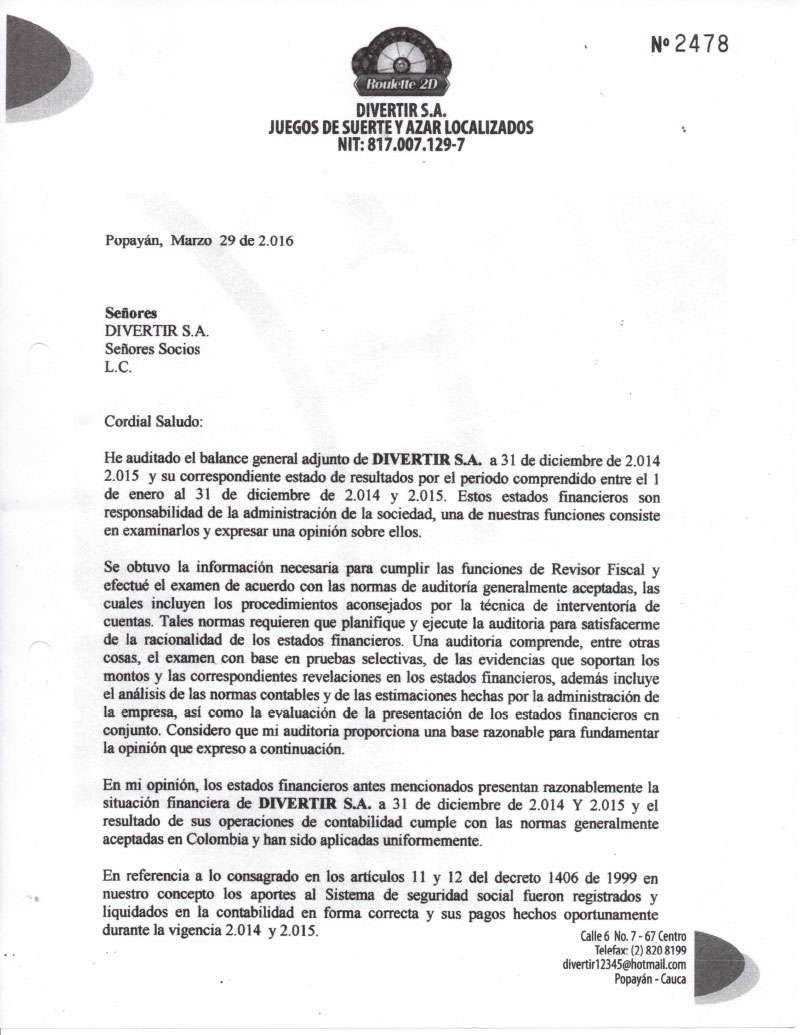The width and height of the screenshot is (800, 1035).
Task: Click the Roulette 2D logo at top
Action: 401,63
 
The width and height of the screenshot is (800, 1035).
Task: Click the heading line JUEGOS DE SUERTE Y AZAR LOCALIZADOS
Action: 401,127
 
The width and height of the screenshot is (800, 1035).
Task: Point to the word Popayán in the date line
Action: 133,241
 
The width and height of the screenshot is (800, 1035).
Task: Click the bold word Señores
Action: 130,312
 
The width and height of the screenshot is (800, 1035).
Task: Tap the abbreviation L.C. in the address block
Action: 118,367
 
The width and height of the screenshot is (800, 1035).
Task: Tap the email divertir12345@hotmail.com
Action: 624,964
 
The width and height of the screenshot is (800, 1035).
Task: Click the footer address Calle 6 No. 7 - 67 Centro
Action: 633,935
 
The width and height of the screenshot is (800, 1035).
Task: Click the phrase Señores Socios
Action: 153,349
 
